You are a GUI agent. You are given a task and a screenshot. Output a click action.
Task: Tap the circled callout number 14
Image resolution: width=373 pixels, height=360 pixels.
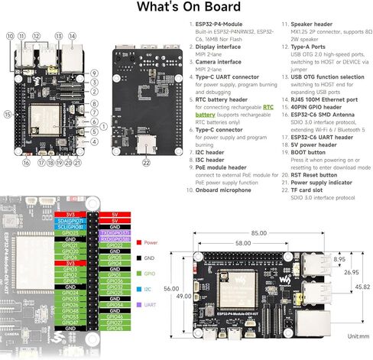[x=72, y=36]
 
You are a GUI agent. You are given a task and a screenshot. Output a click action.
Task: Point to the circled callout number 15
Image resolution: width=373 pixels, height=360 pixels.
[x=7, y=114]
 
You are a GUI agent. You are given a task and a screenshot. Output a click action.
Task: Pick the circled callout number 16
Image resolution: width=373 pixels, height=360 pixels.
[x=26, y=163]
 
